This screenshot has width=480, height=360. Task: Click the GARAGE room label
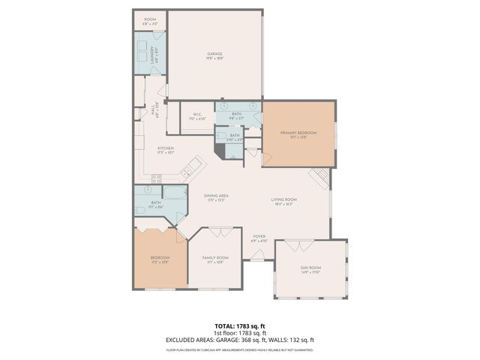(x=215, y=54)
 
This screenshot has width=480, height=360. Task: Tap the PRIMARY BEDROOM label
(x=298, y=133)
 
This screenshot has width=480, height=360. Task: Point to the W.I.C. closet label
(x=197, y=115)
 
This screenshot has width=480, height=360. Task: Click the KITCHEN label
(x=166, y=148)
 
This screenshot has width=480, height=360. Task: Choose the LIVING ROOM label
(x=284, y=199)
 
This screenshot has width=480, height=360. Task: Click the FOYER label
(x=259, y=237)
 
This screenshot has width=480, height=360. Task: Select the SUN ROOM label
(x=310, y=268)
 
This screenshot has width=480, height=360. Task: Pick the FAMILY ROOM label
(x=215, y=258)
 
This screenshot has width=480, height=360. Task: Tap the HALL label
(x=153, y=110)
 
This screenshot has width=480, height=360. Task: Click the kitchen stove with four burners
(x=157, y=178)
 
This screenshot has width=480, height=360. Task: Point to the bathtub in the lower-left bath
(x=175, y=200)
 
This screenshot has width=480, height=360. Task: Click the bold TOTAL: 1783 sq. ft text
(x=239, y=326)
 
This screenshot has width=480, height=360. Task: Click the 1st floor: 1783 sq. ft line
(x=239, y=333)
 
